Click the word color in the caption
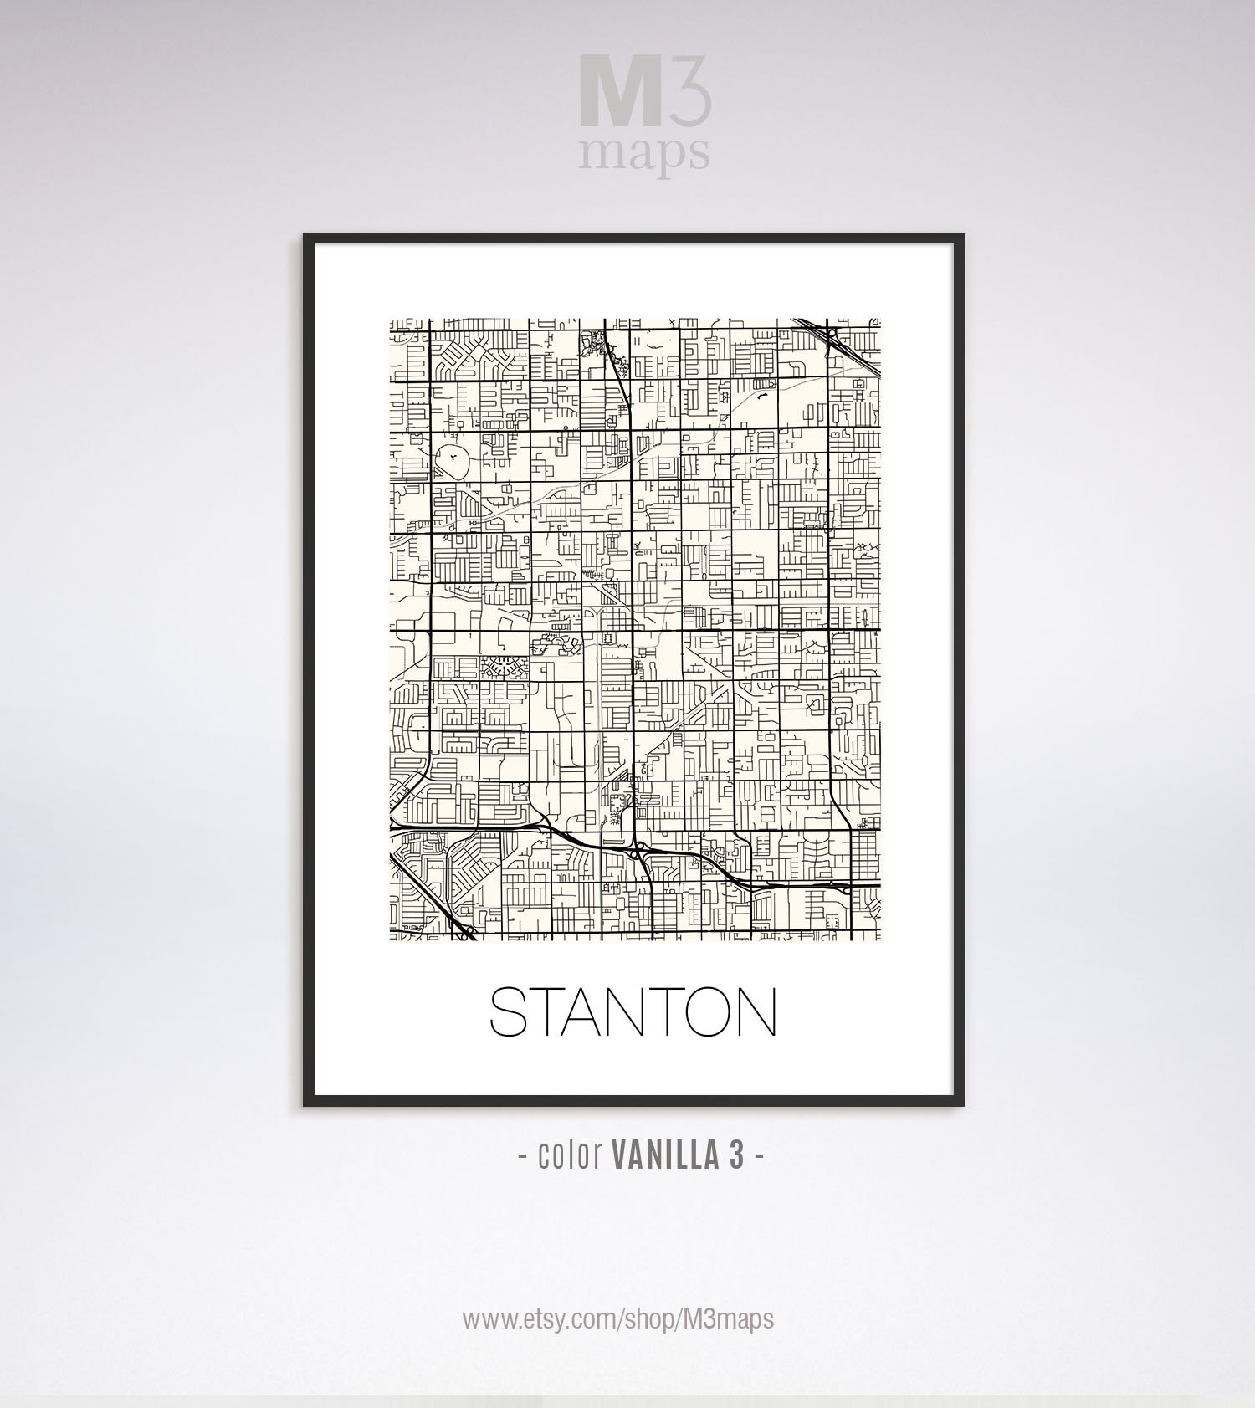(571, 1155)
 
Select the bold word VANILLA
(665, 1155)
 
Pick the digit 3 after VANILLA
(735, 1155)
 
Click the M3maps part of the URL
(728, 1319)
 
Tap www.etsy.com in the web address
(539, 1319)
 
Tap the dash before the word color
(523, 1157)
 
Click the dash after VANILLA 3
(758, 1157)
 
